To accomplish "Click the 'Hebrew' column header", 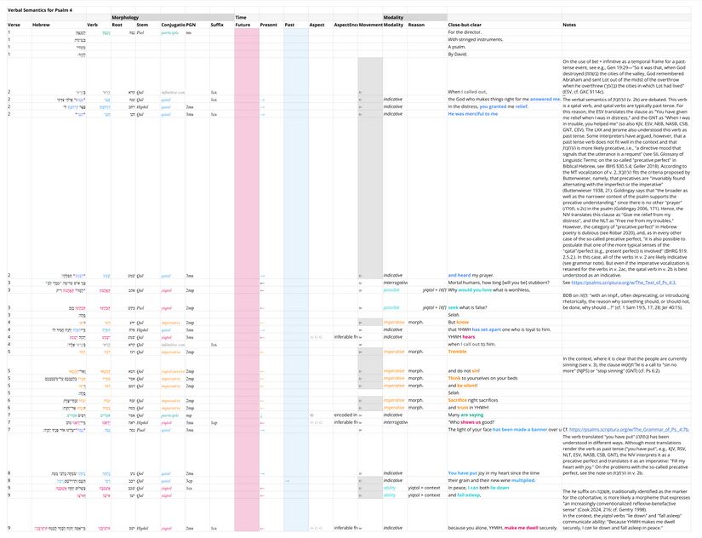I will [41, 26].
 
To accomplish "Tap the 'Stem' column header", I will [142, 26].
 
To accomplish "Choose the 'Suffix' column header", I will [217, 26].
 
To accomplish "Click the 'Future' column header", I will [243, 26].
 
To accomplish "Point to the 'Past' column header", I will [290, 26].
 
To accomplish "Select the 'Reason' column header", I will [416, 26].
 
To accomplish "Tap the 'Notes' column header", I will [569, 26].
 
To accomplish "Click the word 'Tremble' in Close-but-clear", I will [458, 351].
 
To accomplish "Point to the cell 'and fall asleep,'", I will [465, 494].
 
